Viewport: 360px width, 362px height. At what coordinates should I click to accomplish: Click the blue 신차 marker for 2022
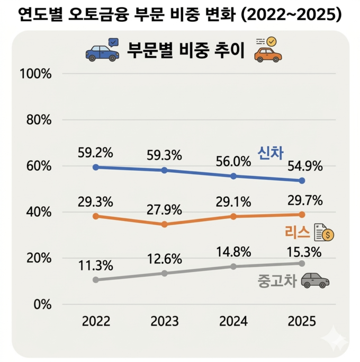(95, 167)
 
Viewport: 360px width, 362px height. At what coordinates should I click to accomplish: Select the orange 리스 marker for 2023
(164, 224)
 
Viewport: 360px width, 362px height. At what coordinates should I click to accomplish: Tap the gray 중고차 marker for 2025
(302, 263)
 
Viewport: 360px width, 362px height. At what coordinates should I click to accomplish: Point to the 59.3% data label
(164, 155)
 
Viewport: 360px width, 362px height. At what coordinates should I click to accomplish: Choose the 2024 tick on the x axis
(233, 321)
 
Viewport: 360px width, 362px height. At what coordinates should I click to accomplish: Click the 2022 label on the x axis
(95, 321)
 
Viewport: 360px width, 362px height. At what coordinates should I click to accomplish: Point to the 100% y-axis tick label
(35, 74)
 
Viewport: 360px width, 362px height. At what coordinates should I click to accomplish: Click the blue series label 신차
(271, 153)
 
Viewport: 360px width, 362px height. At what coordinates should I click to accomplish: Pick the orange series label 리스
(297, 232)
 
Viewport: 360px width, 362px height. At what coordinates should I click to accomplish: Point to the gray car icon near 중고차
(314, 280)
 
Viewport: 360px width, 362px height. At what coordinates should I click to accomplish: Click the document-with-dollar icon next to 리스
(324, 232)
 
